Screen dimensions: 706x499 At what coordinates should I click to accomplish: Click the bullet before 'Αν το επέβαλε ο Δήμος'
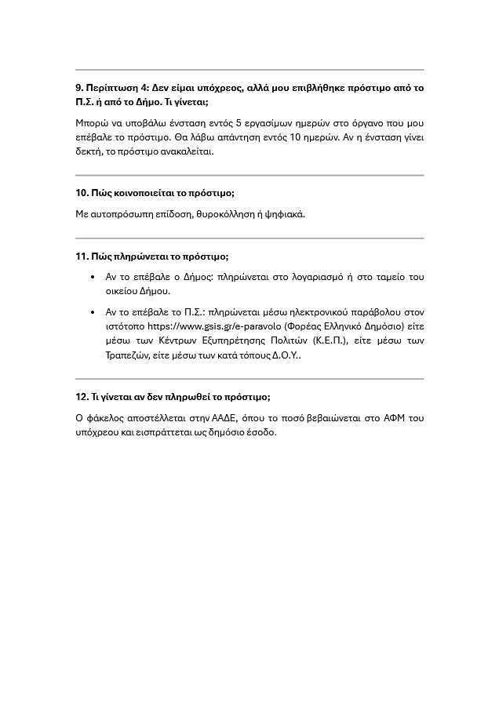point(93,277)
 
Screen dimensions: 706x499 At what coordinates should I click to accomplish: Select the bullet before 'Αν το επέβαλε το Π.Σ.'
point(93,312)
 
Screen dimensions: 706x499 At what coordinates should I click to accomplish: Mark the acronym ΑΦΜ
point(397,418)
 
